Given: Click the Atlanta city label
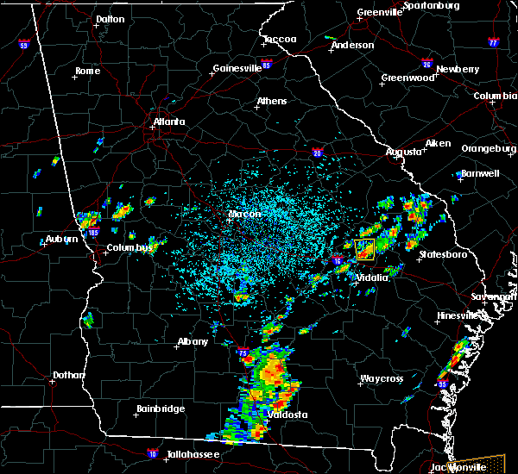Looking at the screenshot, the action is [169, 122].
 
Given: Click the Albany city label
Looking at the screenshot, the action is [193, 341].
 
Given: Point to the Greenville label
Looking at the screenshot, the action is [380, 13].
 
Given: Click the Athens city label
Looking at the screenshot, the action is [272, 101].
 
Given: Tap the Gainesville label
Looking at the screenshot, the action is [237, 68].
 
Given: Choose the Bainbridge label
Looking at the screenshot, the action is [161, 409].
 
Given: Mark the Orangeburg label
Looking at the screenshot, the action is [487, 148].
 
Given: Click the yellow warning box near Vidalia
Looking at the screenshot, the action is [364, 250].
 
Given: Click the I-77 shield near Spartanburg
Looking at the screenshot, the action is [493, 41].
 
